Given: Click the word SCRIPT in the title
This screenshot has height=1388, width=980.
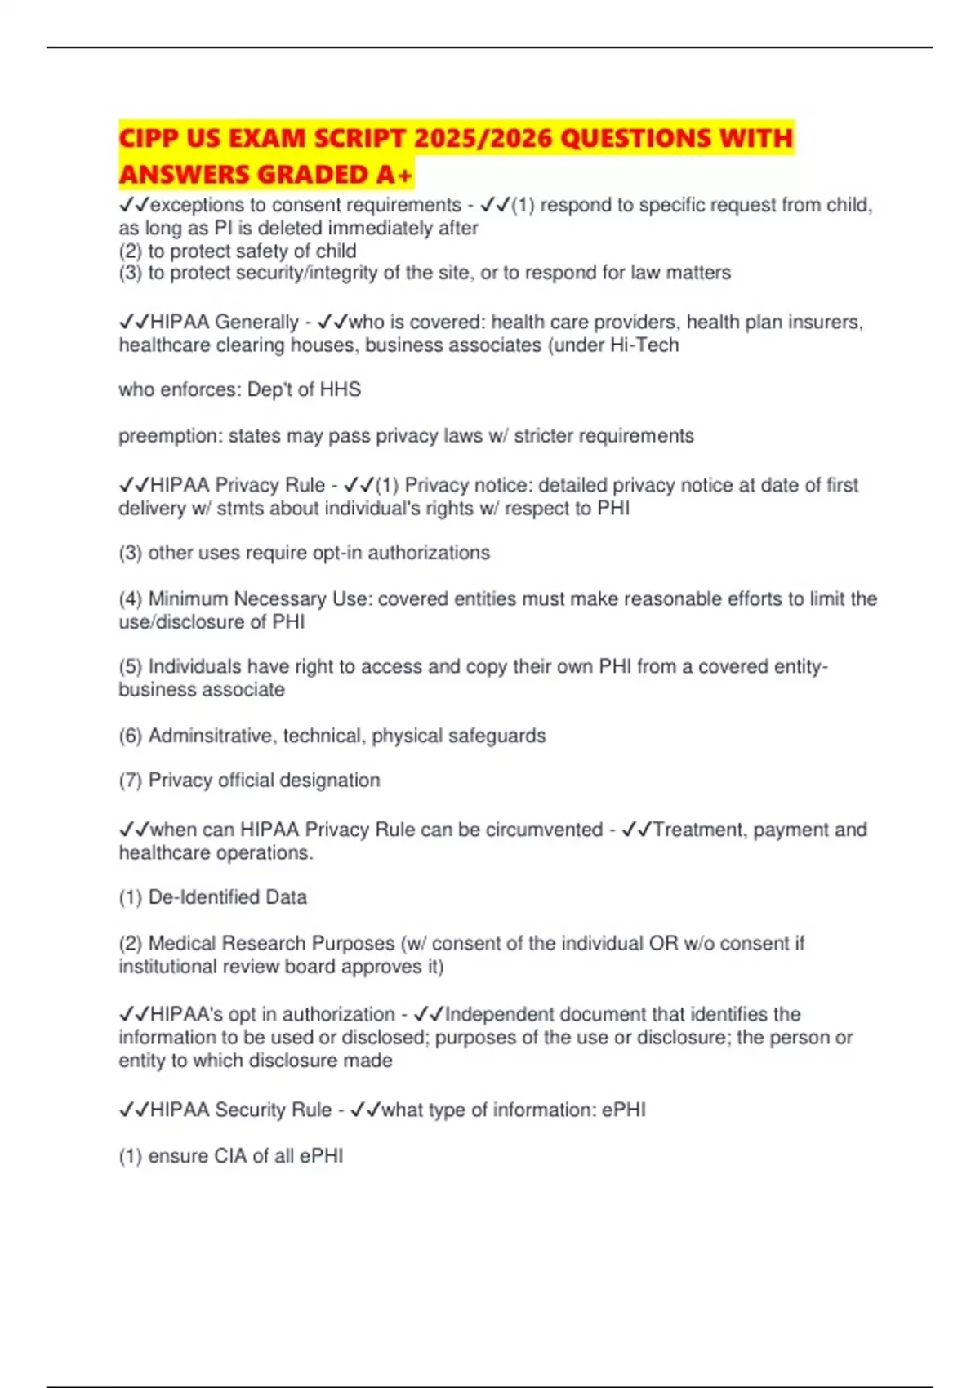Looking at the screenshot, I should (359, 138).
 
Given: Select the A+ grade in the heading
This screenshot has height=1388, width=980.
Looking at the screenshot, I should (395, 175).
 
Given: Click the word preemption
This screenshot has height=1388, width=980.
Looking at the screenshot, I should (170, 436).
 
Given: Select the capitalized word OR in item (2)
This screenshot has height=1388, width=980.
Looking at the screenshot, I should (663, 944).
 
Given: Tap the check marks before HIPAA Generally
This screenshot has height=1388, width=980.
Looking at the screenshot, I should (134, 323).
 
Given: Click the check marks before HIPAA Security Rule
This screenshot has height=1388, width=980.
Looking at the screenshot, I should (134, 1110).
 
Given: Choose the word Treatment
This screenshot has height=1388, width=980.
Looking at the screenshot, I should (698, 830).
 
